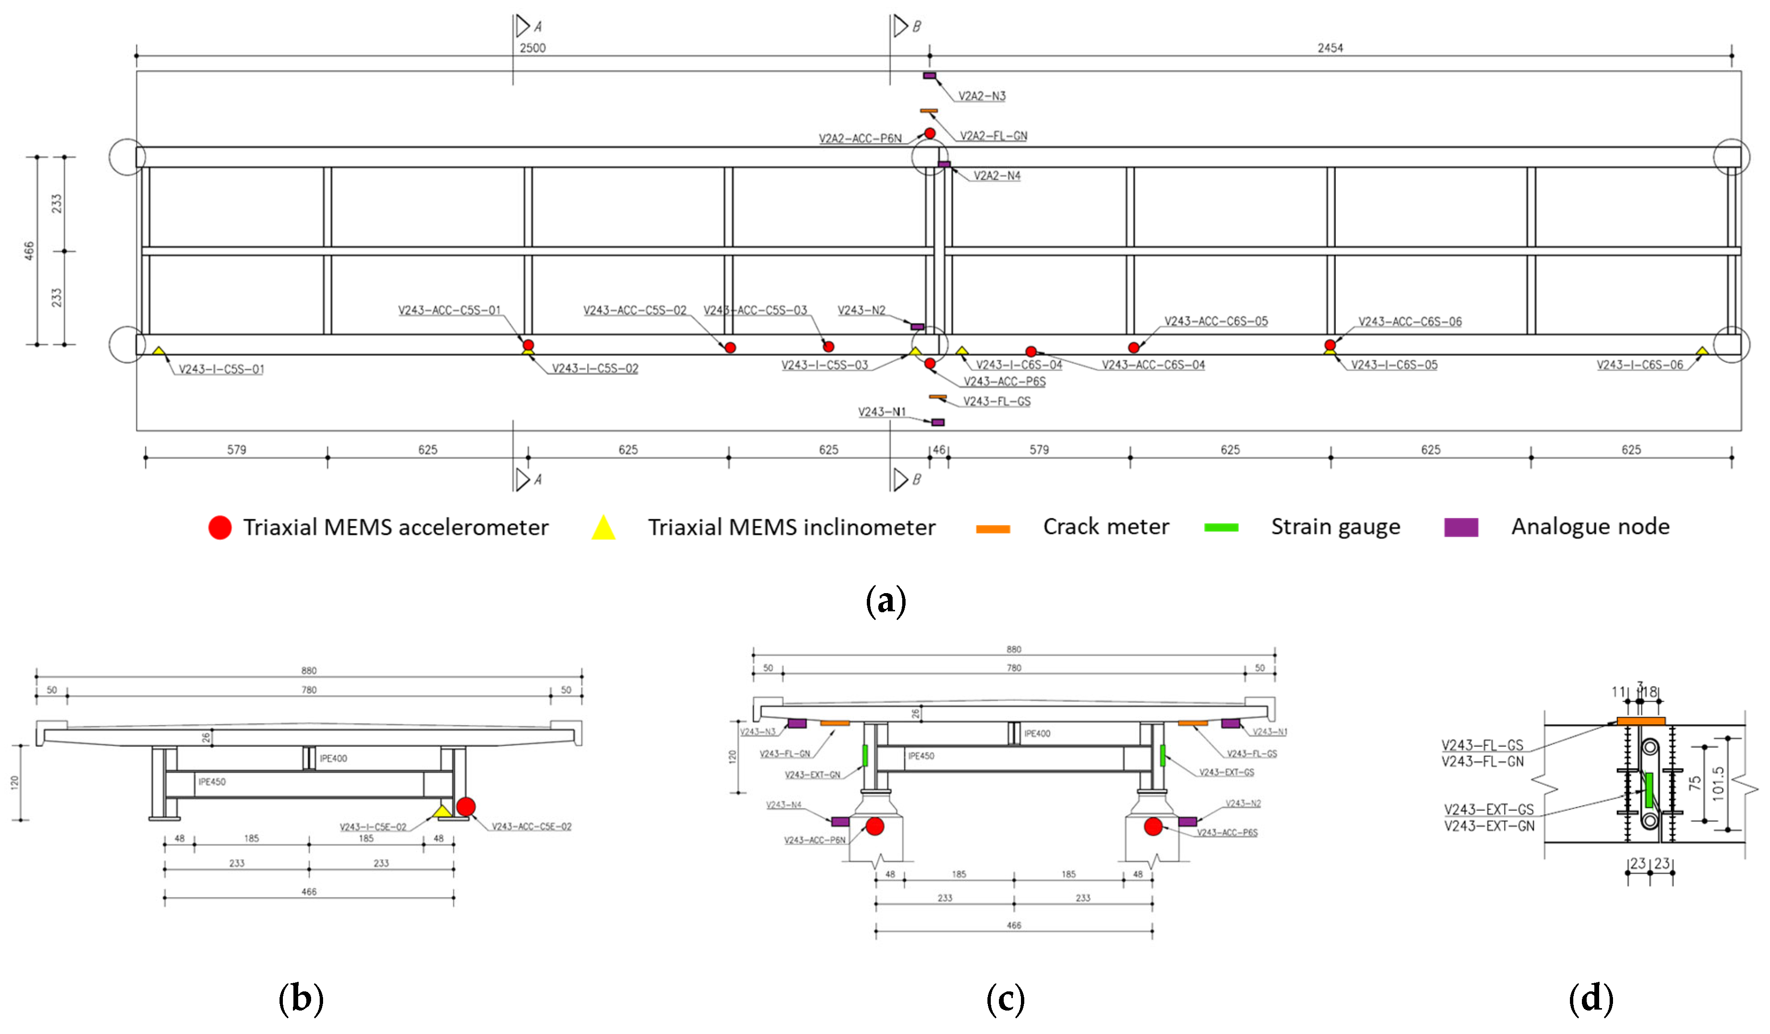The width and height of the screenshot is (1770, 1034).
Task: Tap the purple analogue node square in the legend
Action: [x=1460, y=527]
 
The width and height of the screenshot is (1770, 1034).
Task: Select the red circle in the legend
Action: [x=220, y=528]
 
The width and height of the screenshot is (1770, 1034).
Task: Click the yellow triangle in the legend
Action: [x=604, y=528]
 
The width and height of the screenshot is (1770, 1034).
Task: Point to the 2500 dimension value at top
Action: [x=532, y=48]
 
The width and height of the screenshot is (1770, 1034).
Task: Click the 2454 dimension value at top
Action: [x=1330, y=48]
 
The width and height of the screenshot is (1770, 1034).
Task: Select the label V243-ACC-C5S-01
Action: [x=449, y=310]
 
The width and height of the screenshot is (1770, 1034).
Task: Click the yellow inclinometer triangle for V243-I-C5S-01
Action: [x=159, y=350]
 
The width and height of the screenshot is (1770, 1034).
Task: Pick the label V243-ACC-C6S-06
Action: [x=1409, y=321]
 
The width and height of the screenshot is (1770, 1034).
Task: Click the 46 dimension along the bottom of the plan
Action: [x=939, y=450]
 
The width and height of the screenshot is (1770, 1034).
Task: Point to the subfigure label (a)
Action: [x=885, y=601]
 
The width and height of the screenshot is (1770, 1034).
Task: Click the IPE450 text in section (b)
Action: [x=212, y=782]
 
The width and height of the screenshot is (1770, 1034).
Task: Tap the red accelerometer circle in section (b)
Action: [x=466, y=807]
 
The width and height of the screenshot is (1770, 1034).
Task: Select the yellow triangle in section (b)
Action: [x=442, y=811]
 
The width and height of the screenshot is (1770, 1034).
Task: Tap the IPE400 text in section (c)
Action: [x=1037, y=733]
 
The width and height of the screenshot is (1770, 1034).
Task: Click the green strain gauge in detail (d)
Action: [x=1648, y=790]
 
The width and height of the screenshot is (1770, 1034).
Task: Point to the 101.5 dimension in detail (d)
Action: [x=1717, y=783]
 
